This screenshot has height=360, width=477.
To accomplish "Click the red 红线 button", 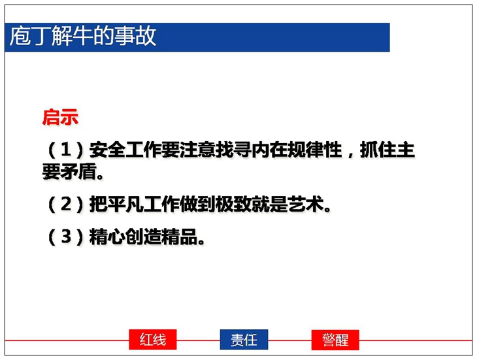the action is tap(153, 339).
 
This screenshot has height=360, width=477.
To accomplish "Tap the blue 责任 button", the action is tap(244, 339).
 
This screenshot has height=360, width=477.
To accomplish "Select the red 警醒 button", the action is tap(335, 339).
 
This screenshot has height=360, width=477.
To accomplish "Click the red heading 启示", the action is tap(60, 117).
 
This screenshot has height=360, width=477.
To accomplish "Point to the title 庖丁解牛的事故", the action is tap(83, 36).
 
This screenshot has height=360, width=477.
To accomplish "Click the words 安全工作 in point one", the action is tap(125, 150).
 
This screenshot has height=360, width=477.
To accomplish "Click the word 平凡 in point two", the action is tap(125, 204).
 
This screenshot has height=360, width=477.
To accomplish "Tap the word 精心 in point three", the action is tap(107, 237).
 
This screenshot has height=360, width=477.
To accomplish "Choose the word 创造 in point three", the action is tap(143, 237).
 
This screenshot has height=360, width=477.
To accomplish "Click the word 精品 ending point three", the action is tap(180, 237).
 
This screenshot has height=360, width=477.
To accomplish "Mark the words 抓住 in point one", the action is tap(378, 150).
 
